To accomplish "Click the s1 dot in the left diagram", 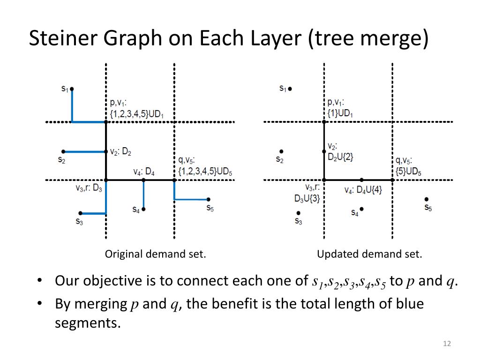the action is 72,88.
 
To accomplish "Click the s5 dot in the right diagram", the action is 427,199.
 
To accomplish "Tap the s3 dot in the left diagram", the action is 80,213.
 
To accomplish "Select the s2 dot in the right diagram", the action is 281,151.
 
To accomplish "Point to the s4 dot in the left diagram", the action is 143,209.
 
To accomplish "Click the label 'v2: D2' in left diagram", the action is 121,152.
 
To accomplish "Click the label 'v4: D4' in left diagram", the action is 143,172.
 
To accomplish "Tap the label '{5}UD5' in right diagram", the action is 408,172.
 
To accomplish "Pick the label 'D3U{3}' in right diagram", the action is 307,198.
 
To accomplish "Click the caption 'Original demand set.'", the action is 155,255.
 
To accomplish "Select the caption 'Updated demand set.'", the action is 369,255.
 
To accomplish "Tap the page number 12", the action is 446,345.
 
